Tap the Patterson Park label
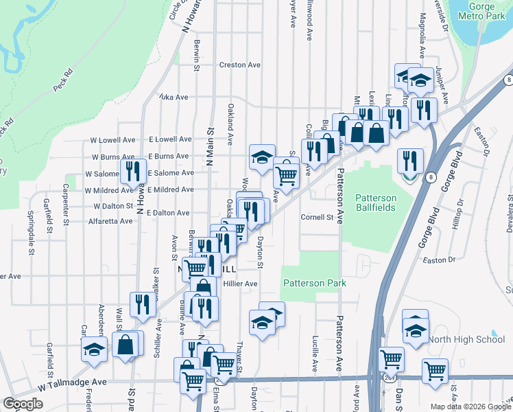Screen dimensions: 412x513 [x=314, y=283]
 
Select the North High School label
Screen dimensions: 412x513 [x=466, y=339]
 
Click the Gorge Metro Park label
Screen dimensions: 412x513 [x=479, y=14]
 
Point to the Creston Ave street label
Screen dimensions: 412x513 [x=239, y=65]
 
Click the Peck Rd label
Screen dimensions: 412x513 [x=62, y=80]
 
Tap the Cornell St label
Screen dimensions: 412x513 [x=317, y=218]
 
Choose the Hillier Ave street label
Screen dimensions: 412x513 [x=240, y=284]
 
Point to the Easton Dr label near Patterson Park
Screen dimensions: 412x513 [x=440, y=260]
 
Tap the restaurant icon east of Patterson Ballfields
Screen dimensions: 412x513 [x=410, y=161]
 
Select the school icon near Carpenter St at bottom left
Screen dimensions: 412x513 [x=94, y=349]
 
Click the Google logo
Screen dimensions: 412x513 [x=23, y=404]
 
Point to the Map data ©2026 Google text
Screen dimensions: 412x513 [x=469, y=407]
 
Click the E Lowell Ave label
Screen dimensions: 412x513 [x=168, y=139]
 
